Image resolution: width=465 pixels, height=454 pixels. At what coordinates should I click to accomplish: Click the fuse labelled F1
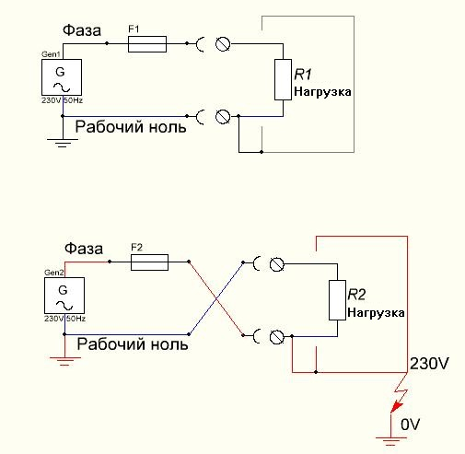click(147, 44)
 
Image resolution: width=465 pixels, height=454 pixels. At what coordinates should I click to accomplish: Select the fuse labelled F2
click(149, 262)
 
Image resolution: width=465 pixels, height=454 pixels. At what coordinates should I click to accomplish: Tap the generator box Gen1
click(62, 77)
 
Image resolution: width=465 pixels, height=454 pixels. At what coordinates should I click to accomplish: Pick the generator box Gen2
click(64, 296)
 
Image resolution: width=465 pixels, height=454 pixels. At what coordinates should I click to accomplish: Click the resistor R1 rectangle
click(283, 79)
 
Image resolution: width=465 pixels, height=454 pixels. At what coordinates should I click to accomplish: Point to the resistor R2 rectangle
click(338, 300)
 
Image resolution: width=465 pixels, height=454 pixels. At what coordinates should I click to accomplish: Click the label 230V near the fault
click(429, 364)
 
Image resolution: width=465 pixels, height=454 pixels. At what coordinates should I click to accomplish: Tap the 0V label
click(410, 425)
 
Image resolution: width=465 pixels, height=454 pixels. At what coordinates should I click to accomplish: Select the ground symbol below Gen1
click(63, 143)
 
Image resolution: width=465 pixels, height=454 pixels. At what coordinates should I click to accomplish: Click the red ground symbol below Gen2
click(64, 361)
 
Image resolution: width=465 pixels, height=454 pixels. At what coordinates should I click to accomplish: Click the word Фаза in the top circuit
click(82, 30)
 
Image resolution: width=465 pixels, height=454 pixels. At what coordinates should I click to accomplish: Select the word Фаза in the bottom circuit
click(84, 249)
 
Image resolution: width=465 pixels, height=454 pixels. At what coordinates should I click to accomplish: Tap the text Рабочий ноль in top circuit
click(131, 126)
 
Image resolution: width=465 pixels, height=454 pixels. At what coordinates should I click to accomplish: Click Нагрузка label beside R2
click(376, 313)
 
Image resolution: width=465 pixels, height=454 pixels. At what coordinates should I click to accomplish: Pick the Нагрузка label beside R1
click(322, 92)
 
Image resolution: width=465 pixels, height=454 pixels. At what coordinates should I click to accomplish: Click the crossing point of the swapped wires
click(216, 298)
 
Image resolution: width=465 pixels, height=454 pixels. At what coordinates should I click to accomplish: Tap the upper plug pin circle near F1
click(223, 44)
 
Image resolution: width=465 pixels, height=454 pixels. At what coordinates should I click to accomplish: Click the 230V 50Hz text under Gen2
click(64, 319)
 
